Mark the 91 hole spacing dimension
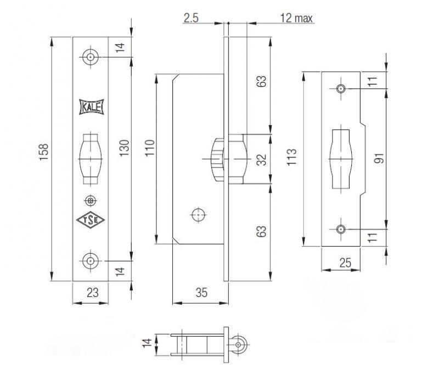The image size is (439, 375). (x=379, y=158)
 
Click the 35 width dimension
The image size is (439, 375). (x=201, y=293)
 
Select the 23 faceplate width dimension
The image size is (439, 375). (x=92, y=293)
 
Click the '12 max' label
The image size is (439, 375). (x=296, y=18)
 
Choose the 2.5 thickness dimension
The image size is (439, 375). (x=191, y=18)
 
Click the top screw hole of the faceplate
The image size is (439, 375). (x=90, y=57)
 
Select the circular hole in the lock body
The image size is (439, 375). (x=196, y=215)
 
